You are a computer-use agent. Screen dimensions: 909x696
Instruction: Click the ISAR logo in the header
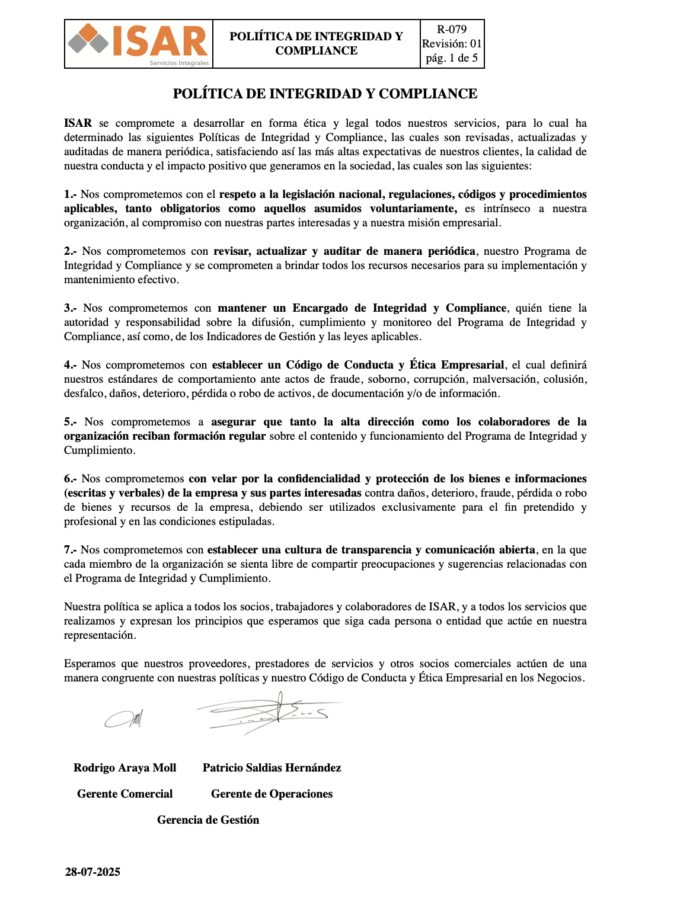138,41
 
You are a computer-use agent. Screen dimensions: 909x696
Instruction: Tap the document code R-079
452,30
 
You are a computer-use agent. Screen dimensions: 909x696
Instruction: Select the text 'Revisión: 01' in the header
452,44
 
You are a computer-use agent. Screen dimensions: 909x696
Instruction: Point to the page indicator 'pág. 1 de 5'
452,58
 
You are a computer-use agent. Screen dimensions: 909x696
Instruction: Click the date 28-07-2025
92,872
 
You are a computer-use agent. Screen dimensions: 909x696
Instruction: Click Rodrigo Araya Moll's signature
124,719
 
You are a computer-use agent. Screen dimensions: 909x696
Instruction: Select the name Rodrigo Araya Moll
124,768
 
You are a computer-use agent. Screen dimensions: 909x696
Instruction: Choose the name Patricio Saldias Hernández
272,768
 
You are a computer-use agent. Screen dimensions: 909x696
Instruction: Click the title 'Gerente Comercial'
124,794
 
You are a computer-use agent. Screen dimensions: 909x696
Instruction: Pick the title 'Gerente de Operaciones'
272,794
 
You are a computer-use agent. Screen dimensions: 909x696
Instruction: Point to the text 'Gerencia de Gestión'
208,820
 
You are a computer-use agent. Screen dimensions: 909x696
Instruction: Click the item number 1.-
71,194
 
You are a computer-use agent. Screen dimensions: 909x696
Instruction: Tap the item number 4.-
71,365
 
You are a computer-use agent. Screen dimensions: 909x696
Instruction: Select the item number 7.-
71,550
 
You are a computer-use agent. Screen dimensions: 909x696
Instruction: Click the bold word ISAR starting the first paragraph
78,123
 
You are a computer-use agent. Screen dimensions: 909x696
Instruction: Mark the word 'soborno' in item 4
387,379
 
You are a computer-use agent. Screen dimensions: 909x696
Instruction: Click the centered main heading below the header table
325,94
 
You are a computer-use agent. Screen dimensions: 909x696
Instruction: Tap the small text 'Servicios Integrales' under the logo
179,63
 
